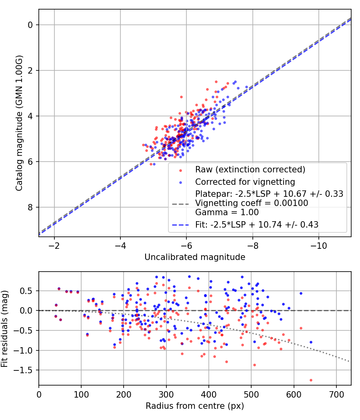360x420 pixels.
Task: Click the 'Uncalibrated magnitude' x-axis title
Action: pyautogui.click(x=195, y=257)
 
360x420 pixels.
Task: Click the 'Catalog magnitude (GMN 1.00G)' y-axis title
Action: pyautogui.click(x=19, y=123)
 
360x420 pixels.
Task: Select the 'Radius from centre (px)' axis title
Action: pyautogui.click(x=195, y=406)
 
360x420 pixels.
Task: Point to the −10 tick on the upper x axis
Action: pyautogui.click(x=318, y=245)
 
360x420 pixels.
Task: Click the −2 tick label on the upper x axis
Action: pyautogui.click(x=54, y=245)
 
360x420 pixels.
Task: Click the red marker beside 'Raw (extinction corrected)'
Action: pyautogui.click(x=180, y=170)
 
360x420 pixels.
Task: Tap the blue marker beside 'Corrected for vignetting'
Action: pyautogui.click(x=180, y=182)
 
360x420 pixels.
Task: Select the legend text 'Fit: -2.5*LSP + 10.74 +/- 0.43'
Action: pyautogui.click(x=257, y=225)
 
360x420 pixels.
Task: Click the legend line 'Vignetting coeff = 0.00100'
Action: pyautogui.click(x=252, y=203)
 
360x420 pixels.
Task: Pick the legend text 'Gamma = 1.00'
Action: pyautogui.click(x=227, y=212)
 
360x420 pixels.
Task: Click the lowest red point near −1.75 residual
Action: pyautogui.click(x=311, y=380)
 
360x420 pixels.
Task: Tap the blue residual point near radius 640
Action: pyautogui.click(x=311, y=342)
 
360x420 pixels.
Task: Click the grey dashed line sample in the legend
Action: pyautogui.click(x=180, y=204)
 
